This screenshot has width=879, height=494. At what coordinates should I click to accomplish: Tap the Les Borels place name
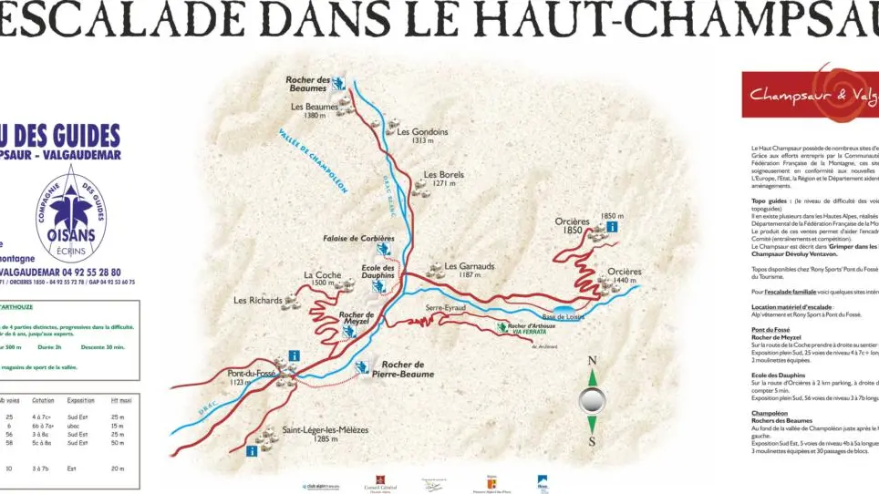pyautogui.click(x=443, y=173)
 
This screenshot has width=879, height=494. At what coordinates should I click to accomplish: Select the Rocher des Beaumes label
pyautogui.click(x=307, y=84)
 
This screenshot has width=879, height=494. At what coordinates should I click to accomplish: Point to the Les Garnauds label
pyautogui.click(x=469, y=266)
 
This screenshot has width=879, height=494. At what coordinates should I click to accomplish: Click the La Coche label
pyautogui.click(x=322, y=274)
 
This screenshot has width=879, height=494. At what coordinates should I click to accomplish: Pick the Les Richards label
pyautogui.click(x=258, y=300)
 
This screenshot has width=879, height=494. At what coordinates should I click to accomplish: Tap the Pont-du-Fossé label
pyautogui.click(x=252, y=373)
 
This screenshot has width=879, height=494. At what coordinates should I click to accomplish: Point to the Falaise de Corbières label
pyautogui.click(x=358, y=238)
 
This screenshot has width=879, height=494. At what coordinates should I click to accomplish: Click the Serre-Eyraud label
pyautogui.click(x=446, y=308)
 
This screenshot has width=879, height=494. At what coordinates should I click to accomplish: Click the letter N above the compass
pyautogui.click(x=592, y=361)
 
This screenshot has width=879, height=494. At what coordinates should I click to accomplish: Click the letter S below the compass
pyautogui.click(x=592, y=442)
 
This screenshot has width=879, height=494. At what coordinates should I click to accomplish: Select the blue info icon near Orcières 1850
pyautogui.click(x=613, y=226)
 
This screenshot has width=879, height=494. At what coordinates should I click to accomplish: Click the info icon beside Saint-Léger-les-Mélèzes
pyautogui.click(x=252, y=450)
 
